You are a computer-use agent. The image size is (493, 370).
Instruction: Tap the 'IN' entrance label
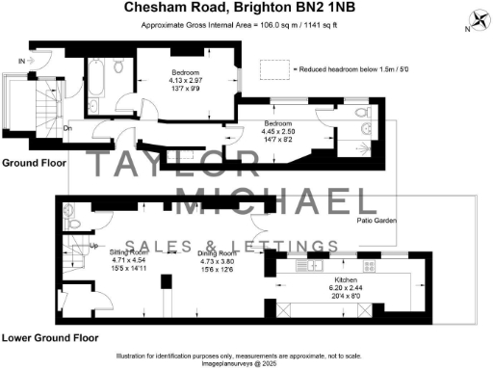coord(21,61)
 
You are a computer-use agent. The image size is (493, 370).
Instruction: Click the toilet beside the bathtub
coord(117,66)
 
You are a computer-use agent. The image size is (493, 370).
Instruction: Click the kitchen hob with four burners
coord(367,265)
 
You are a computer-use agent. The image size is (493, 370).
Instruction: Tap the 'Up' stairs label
coord(67,247)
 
